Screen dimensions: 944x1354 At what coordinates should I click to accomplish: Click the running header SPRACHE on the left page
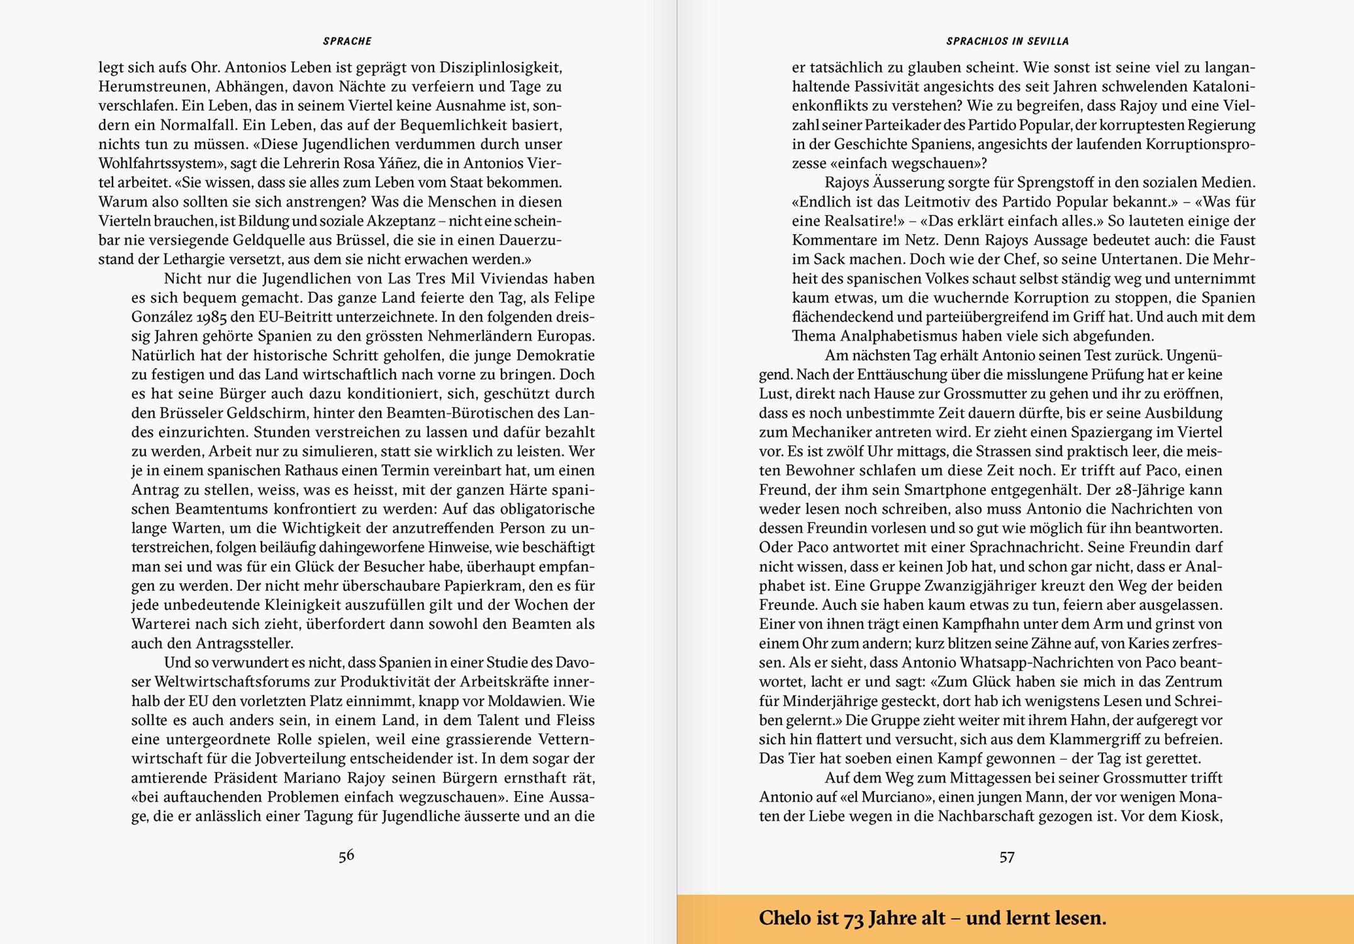tap(347, 42)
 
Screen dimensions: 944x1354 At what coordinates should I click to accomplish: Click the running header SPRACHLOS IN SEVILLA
tap(1007, 42)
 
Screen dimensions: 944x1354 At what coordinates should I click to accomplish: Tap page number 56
tap(346, 855)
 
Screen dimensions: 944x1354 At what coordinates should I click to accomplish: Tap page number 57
tap(1007, 857)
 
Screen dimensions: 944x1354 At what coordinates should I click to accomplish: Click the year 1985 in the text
tap(210, 317)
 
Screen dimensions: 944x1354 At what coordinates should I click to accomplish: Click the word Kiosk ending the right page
tap(1200, 816)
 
